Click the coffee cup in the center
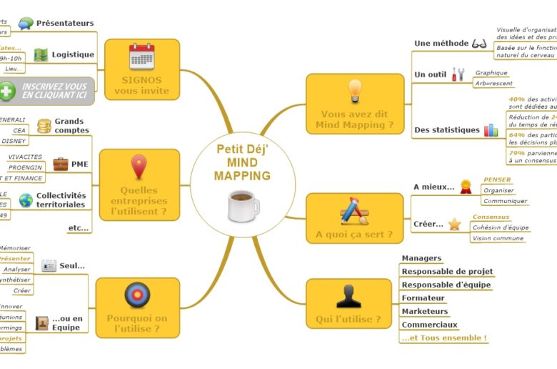tap(243, 206)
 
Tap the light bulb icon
tap(354, 91)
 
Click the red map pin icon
tap(139, 167)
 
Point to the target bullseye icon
tap(137, 294)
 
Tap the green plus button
tap(8, 92)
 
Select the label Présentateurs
tap(65, 24)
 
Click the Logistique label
tap(73, 54)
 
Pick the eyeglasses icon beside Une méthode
tap(479, 44)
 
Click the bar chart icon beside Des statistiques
tap(491, 130)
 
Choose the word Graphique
tap(491, 73)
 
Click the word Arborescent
tap(493, 84)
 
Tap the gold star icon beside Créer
tap(454, 225)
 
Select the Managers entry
tap(421, 258)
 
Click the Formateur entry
tap(423, 298)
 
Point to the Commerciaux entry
tap(429, 325)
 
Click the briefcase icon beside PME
tap(61, 164)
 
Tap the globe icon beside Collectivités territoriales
tap(26, 200)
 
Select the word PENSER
tap(497, 179)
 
